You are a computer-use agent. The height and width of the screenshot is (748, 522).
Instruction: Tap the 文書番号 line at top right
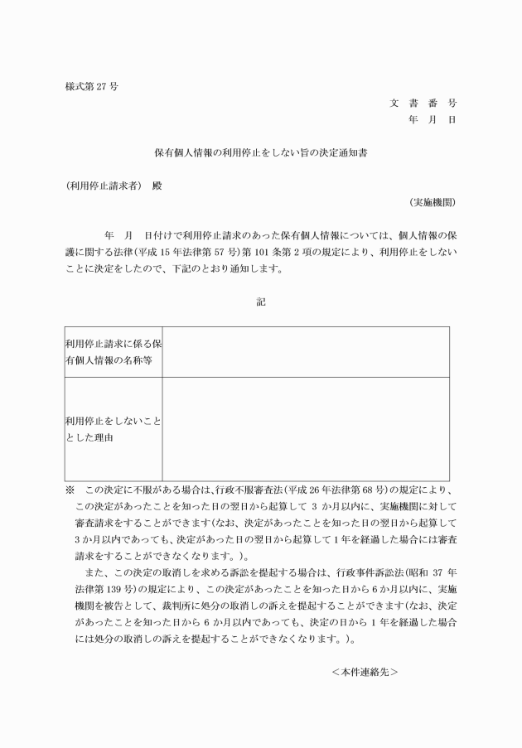pyautogui.click(x=423, y=104)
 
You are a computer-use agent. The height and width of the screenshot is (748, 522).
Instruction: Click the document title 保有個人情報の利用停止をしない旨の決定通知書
pyautogui.click(x=261, y=152)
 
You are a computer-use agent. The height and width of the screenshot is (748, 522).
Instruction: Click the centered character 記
pyautogui.click(x=261, y=302)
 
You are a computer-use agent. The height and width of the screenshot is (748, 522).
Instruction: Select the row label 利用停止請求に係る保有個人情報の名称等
pyautogui.click(x=113, y=351)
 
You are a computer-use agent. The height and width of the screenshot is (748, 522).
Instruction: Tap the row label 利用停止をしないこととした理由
pyautogui.click(x=113, y=428)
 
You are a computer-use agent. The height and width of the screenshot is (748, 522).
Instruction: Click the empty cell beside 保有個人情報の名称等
pyautogui.click(x=305, y=351)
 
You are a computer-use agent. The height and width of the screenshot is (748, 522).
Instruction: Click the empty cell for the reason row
pyautogui.click(x=305, y=428)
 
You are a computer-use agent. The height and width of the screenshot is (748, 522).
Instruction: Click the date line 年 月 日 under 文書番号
pyautogui.click(x=432, y=120)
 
